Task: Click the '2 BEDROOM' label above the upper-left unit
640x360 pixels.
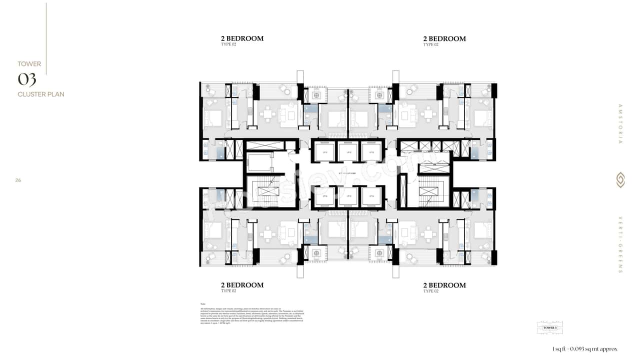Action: pyautogui.click(x=242, y=38)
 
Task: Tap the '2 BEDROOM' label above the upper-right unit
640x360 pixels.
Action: pyautogui.click(x=444, y=38)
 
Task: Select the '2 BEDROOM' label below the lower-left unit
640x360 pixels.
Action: pyautogui.click(x=242, y=285)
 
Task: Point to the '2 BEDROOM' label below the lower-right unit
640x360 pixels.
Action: pyautogui.click(x=444, y=285)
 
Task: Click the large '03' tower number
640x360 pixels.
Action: pyautogui.click(x=27, y=79)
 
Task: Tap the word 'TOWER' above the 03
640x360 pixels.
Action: pyautogui.click(x=29, y=64)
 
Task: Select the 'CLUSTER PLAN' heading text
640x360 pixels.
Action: pyautogui.click(x=41, y=94)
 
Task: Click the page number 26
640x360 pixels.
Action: pyautogui.click(x=18, y=180)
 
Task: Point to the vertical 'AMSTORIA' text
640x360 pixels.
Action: pyautogui.click(x=620, y=124)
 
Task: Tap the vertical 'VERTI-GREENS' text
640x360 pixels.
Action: pyautogui.click(x=620, y=244)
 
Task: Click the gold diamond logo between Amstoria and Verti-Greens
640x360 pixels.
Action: pyautogui.click(x=620, y=180)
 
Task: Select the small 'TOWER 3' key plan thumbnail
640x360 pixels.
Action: pyautogui.click(x=549, y=327)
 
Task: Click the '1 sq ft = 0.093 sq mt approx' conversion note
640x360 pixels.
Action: pyautogui.click(x=585, y=348)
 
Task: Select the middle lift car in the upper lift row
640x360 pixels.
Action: pyautogui.click(x=348, y=152)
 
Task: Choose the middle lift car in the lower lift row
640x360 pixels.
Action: pyautogui.click(x=348, y=196)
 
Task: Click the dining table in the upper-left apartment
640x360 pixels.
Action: pyautogui.click(x=268, y=115)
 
